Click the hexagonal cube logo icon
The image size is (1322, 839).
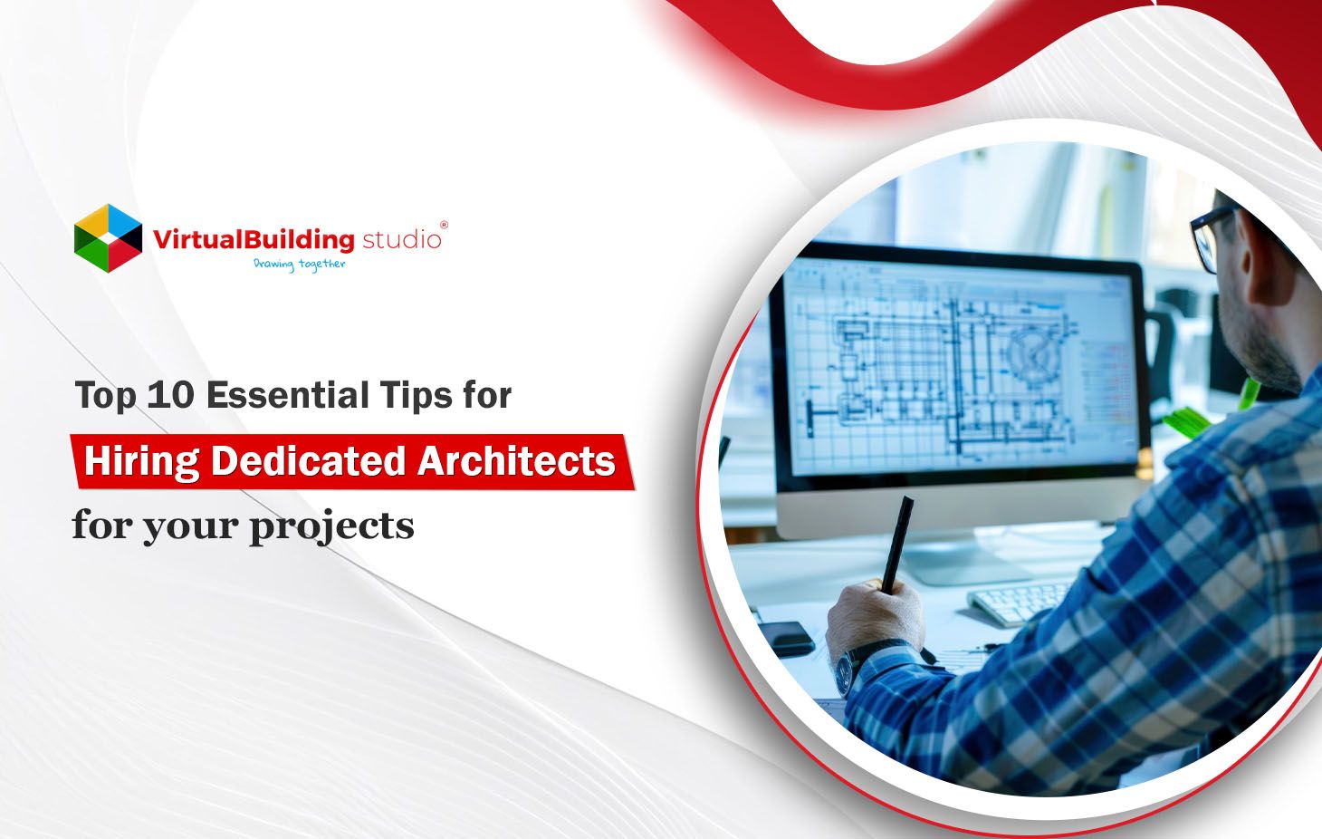108,238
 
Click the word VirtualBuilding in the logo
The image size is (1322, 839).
253,240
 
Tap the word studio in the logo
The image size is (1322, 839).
401,240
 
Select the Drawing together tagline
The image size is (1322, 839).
299,265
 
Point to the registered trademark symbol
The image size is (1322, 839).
443,225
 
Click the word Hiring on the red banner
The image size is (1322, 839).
140,461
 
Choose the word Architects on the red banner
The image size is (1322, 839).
516,461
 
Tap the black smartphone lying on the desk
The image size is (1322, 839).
787,637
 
